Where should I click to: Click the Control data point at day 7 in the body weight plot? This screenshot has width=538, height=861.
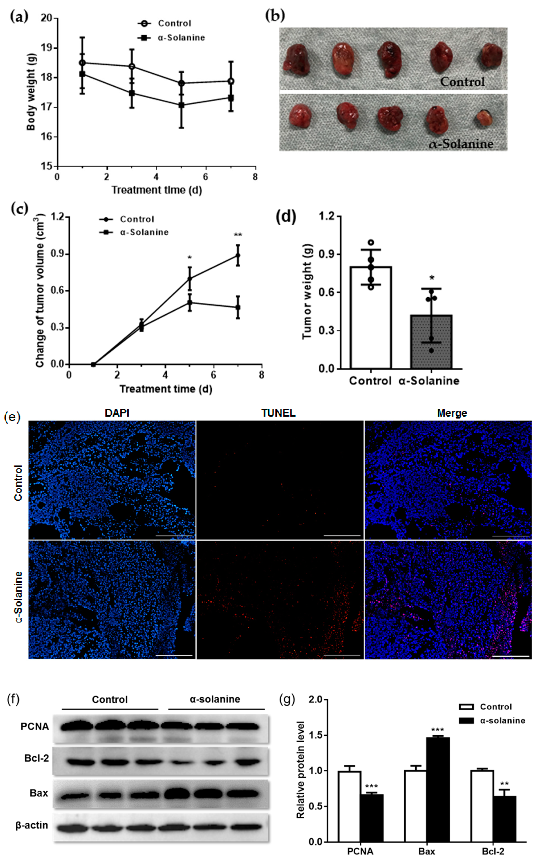[231, 81]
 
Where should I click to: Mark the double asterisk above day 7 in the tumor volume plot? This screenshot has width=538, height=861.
[238, 235]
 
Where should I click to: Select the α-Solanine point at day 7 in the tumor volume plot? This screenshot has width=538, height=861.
[238, 307]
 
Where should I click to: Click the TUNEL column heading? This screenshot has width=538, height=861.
[278, 413]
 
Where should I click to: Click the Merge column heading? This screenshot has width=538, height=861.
[452, 413]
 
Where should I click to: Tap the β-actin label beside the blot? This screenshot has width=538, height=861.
[32, 825]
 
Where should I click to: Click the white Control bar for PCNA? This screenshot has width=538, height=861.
[349, 807]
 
